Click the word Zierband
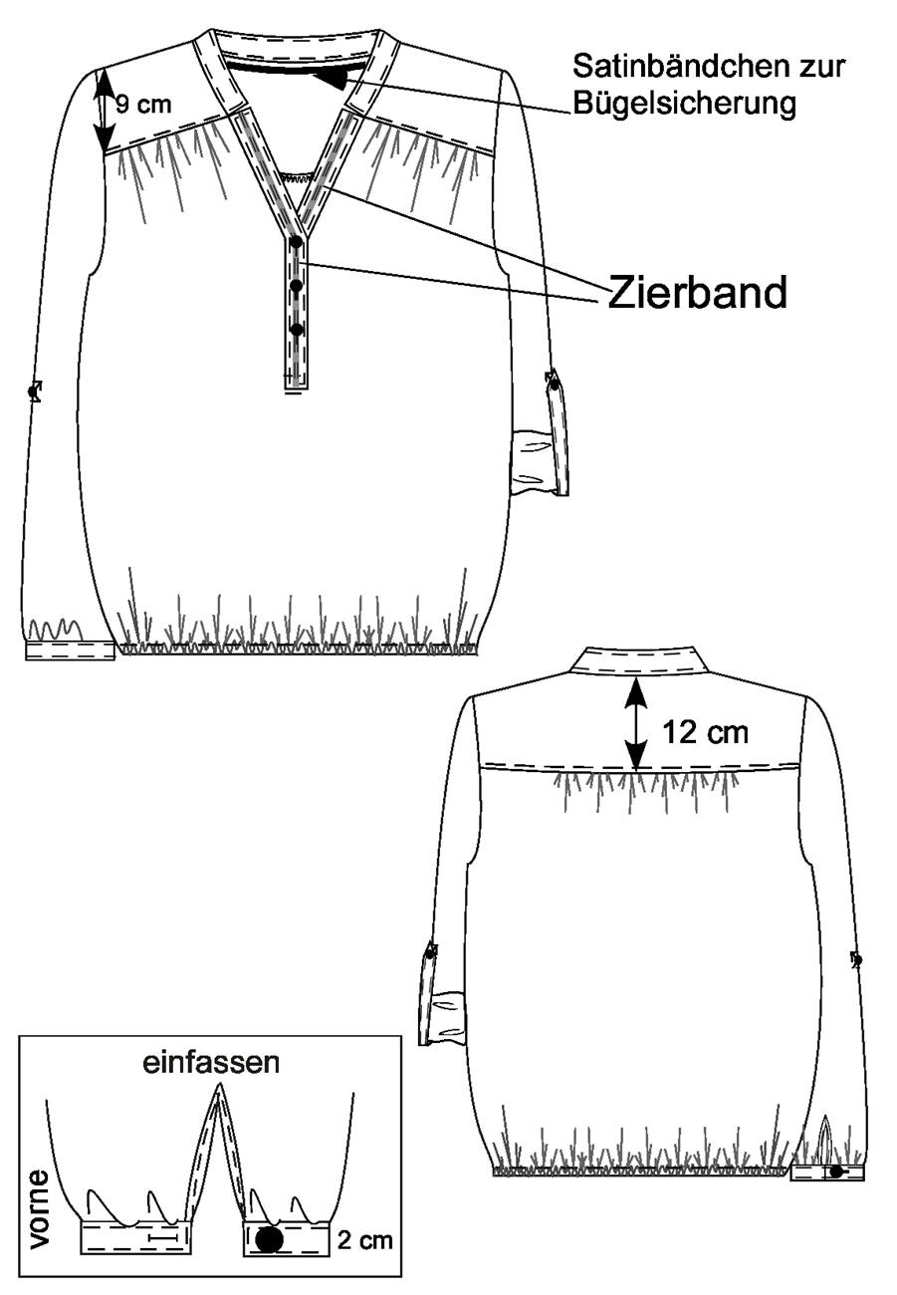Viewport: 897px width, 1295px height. point(698,293)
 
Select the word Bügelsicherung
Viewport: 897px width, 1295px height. point(684,104)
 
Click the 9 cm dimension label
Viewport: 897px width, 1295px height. point(143,105)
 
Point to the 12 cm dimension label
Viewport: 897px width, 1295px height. point(705,733)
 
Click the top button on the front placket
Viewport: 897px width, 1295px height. point(296,242)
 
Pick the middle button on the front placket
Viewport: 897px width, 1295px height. point(297,286)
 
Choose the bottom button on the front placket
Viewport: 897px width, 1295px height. point(297,330)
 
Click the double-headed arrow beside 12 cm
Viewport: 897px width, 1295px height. point(636,724)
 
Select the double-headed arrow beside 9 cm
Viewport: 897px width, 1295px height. point(104,111)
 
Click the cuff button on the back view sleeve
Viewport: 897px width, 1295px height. point(835,1171)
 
